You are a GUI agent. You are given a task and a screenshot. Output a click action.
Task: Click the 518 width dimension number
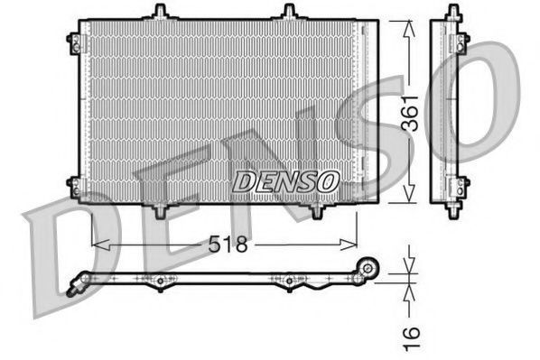click(228, 244)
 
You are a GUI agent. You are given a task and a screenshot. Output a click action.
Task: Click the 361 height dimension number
click(411, 114)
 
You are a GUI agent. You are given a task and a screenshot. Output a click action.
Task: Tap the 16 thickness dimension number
click(412, 339)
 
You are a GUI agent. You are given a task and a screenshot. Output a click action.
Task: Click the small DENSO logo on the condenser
click(285, 181)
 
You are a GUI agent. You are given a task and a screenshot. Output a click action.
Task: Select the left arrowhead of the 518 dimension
click(100, 245)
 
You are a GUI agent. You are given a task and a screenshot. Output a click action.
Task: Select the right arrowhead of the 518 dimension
click(349, 245)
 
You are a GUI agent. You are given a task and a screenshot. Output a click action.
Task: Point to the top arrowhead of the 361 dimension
click(409, 29)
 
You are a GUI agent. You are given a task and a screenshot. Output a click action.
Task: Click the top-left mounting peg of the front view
click(160, 12)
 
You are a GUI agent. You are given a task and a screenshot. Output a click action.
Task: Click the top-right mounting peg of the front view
click(289, 12)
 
